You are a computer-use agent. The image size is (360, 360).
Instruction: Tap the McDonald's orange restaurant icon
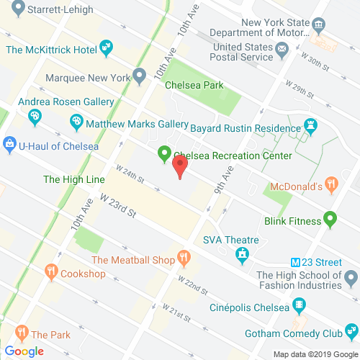tap(331, 184)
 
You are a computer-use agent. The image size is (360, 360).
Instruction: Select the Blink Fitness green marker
tap(330, 217)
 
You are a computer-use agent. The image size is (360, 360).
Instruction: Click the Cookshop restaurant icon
tap(51, 273)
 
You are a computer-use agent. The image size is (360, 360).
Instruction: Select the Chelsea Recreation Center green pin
tap(164, 154)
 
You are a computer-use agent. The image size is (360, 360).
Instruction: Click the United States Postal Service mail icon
tap(282, 50)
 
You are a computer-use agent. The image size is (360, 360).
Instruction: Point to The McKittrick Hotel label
tap(52, 50)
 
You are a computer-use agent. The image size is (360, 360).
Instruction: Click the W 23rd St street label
tap(118, 204)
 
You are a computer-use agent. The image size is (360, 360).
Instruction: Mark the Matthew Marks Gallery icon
tap(76, 124)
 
